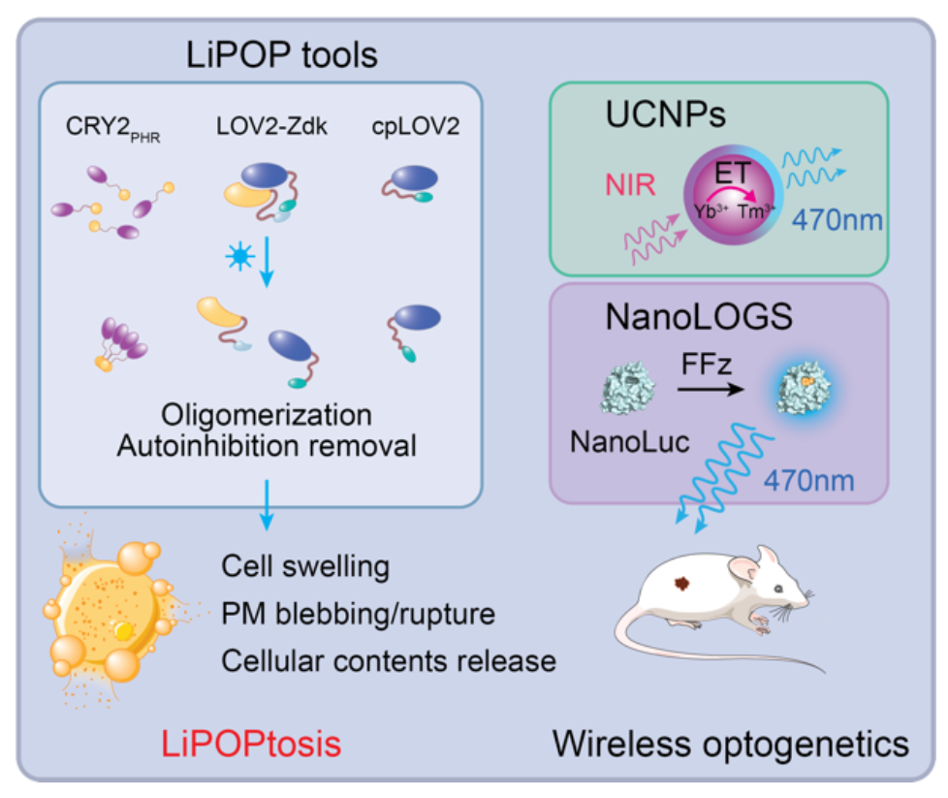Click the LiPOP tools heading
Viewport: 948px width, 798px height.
point(281,54)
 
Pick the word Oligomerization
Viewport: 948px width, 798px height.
point(268,414)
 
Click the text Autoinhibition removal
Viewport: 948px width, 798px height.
point(268,446)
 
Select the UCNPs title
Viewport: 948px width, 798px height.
point(667,116)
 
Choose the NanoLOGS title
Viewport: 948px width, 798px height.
point(687,318)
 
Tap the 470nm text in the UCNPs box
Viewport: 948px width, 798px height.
point(837,219)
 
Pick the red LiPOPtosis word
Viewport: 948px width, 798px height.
point(251,745)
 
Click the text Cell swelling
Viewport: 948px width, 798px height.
point(305,565)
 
